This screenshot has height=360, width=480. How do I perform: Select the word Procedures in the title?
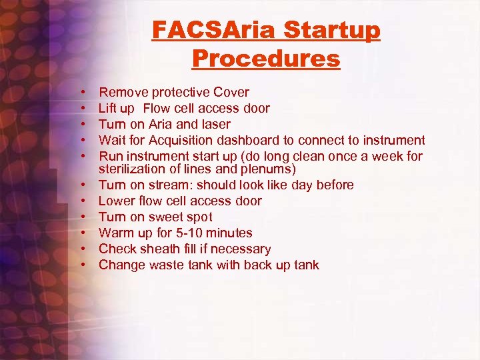266,59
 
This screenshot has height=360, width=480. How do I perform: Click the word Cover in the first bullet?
231,92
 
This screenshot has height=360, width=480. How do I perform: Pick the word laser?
215,124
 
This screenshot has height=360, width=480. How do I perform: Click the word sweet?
165,217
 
